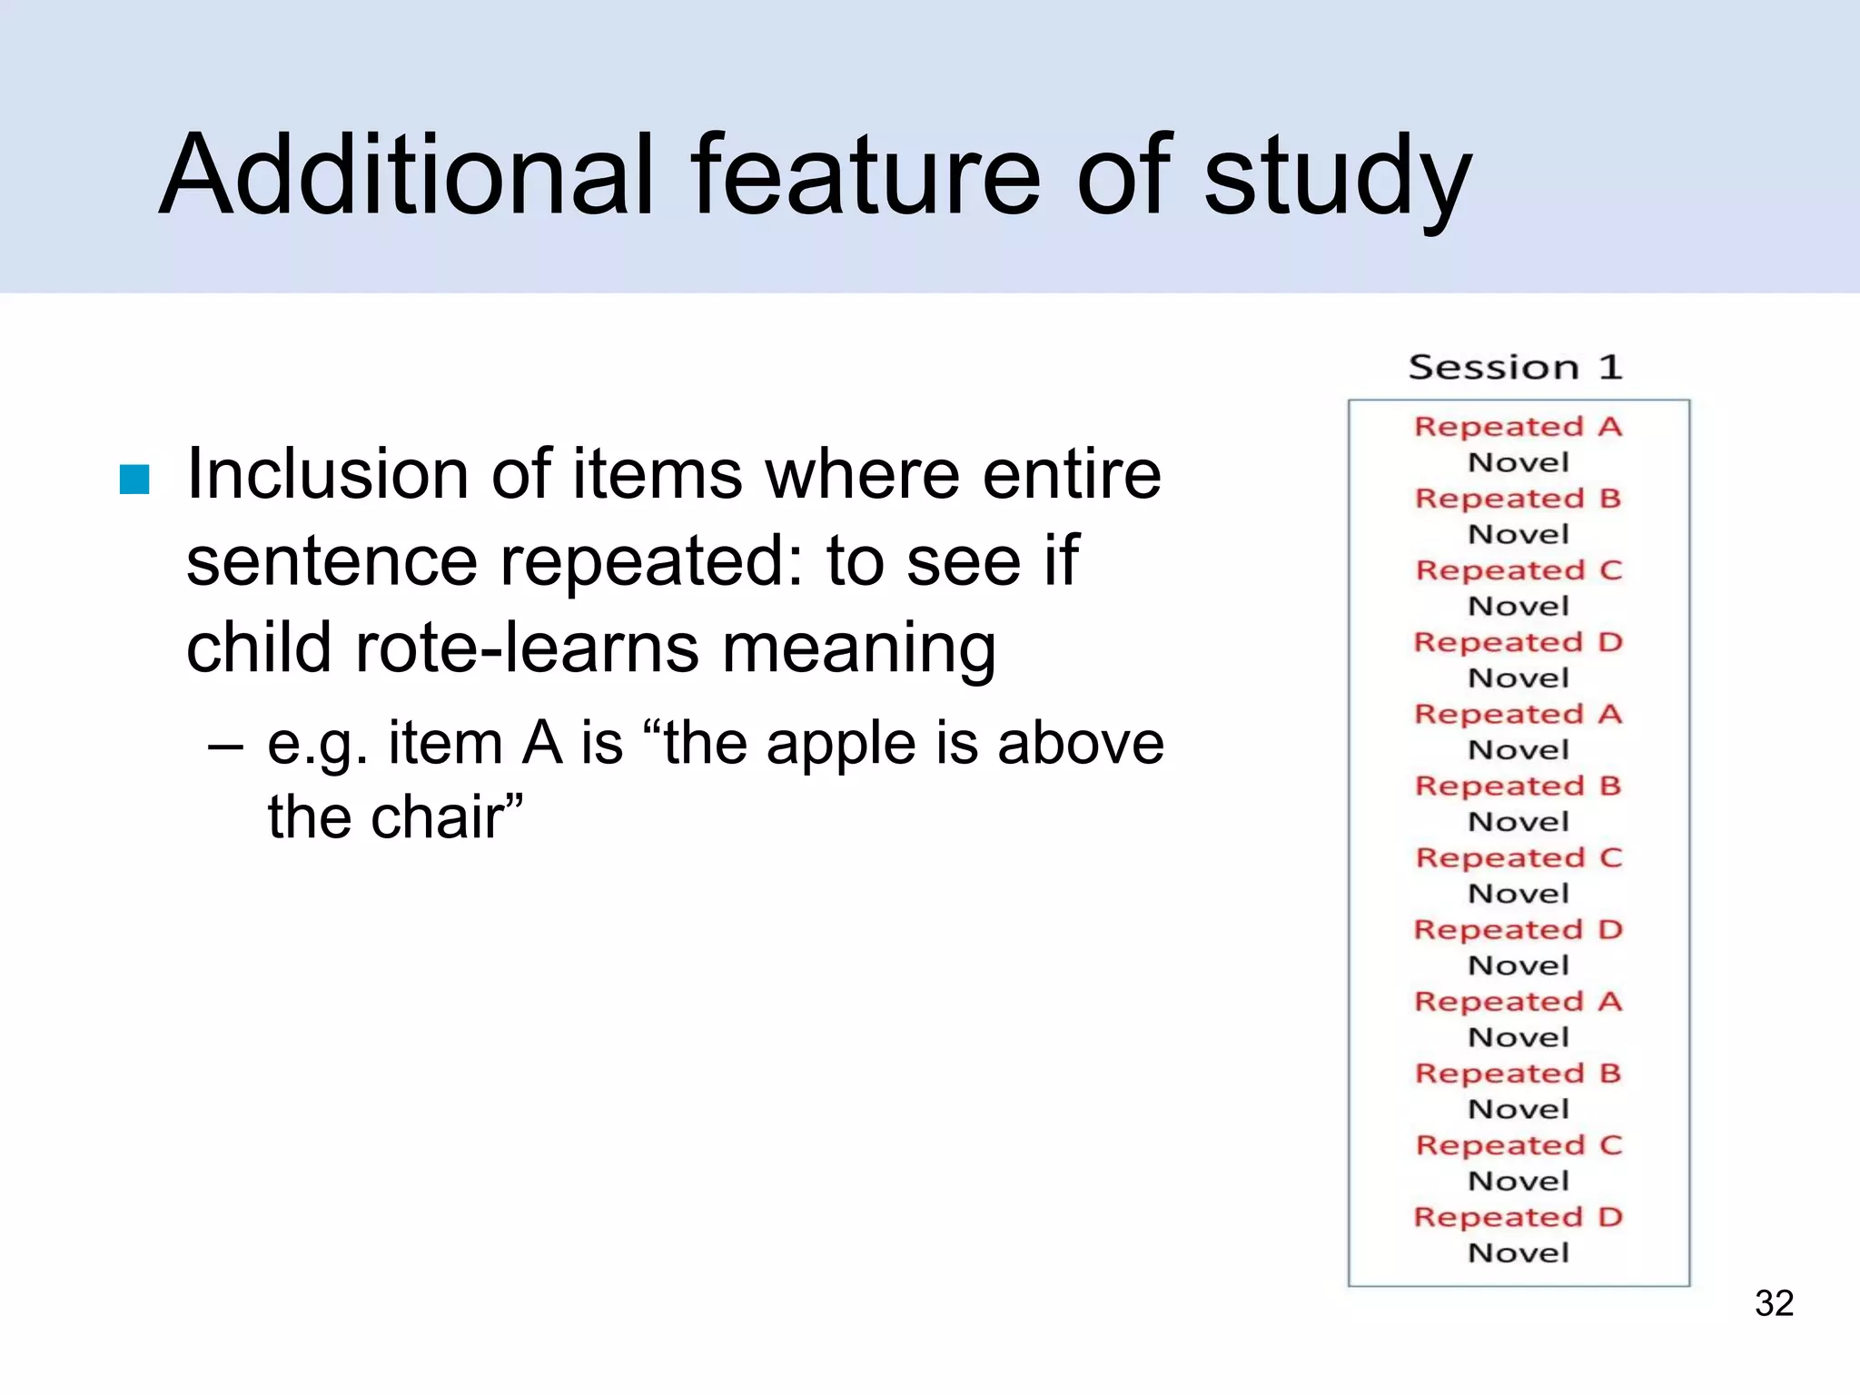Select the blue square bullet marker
click(x=134, y=480)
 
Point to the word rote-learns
click(x=528, y=648)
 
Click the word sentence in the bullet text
click(x=331, y=561)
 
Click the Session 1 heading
click(x=1515, y=368)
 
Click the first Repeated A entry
click(x=1518, y=426)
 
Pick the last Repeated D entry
click(x=1518, y=1217)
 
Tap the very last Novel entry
click(x=1518, y=1253)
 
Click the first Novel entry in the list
click(x=1518, y=462)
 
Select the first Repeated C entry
click(x=1518, y=570)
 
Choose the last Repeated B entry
click(x=1518, y=1073)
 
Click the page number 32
click(x=1774, y=1303)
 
